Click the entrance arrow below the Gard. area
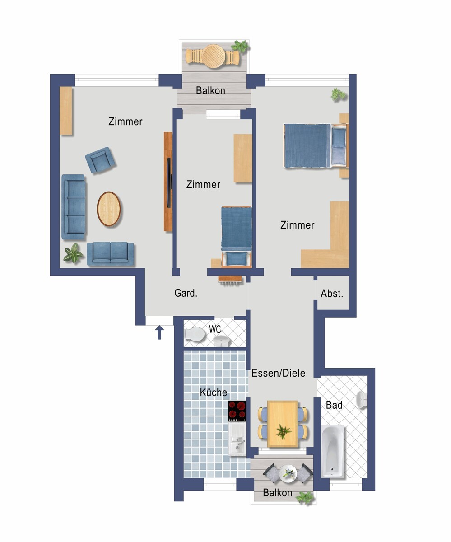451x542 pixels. (159, 332)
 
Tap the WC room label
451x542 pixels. (215, 329)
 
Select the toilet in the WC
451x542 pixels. (195, 334)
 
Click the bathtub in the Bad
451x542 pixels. (333, 451)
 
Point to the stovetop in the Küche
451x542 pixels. (237, 411)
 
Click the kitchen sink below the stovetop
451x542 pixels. (237, 439)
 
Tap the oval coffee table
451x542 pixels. (109, 209)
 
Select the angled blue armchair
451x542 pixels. (100, 160)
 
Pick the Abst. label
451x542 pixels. (332, 294)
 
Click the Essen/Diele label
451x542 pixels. (278, 373)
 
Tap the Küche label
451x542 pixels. (213, 392)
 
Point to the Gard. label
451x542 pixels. (186, 293)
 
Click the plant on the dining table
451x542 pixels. (283, 432)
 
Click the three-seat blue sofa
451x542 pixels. (74, 207)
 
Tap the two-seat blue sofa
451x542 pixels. (110, 254)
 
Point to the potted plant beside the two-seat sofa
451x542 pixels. (73, 253)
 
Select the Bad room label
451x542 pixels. (334, 405)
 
